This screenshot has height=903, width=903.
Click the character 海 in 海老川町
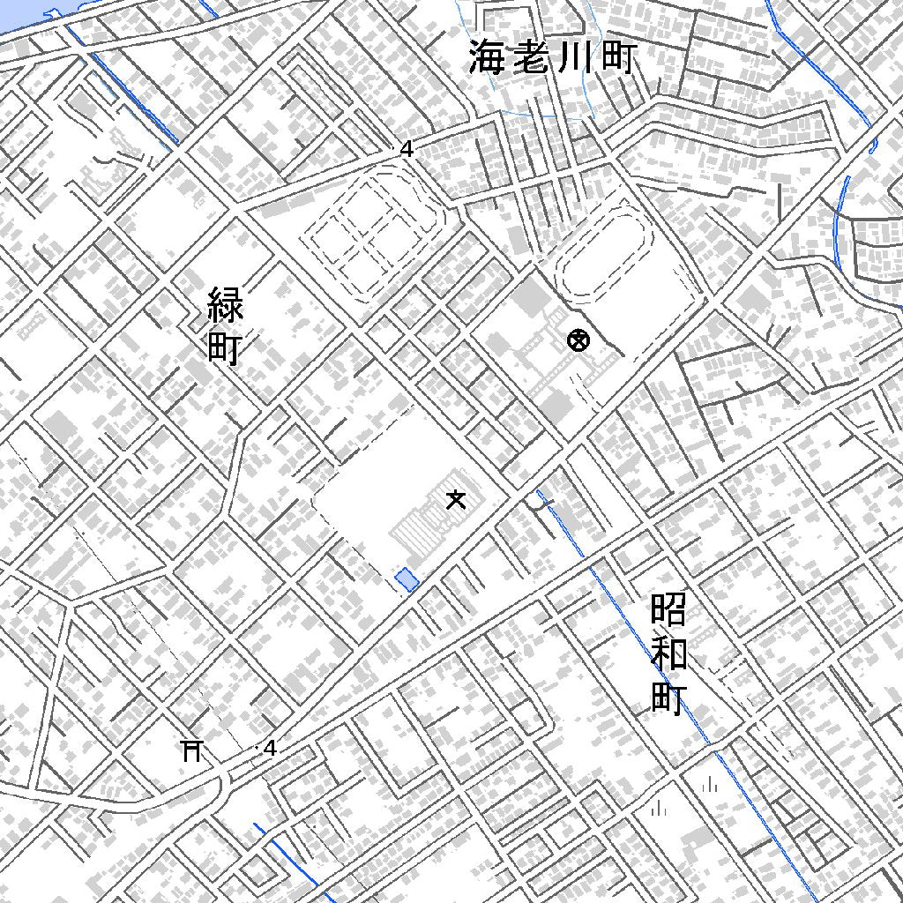[487, 58]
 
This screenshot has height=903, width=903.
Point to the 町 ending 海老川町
[616, 58]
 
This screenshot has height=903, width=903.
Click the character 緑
[226, 305]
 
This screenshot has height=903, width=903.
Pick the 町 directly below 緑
[226, 347]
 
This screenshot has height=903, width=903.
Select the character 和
[669, 654]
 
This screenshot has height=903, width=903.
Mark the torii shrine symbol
[192, 750]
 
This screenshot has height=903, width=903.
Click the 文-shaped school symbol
[455, 500]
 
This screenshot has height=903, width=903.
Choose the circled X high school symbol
[578, 340]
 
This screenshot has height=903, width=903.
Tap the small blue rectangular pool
[407, 579]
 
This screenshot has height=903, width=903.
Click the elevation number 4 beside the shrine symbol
[270, 748]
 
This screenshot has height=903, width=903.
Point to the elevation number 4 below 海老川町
[407, 150]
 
